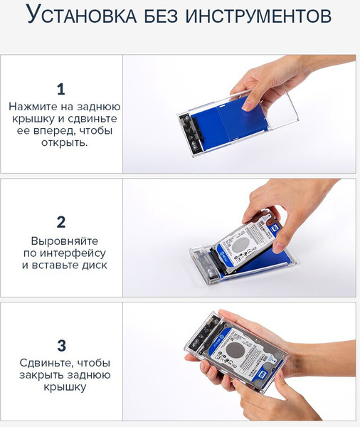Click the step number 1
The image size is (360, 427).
[x=61, y=89]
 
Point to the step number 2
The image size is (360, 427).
[x=61, y=221]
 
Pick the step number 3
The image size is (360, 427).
[x=61, y=346]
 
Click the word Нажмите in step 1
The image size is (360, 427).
[x=32, y=107]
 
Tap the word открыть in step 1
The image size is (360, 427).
[x=63, y=142]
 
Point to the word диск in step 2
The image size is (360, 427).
[x=94, y=265]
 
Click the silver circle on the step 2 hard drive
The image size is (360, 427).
[x=245, y=243]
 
